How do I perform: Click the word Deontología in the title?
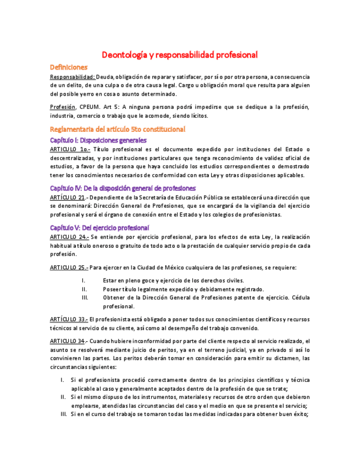[x=124, y=55]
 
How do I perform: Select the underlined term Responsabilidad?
[x=72, y=77]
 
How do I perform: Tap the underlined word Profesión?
[x=63, y=107]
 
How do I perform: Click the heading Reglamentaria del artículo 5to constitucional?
[x=118, y=129]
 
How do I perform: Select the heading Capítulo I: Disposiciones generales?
[x=98, y=140]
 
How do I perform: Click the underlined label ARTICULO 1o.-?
[x=70, y=149]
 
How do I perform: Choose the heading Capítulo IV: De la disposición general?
[x=122, y=188]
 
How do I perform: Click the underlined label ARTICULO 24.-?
[x=69, y=236]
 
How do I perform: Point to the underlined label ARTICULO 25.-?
[x=69, y=268]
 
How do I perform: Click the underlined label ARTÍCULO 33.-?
[x=69, y=319]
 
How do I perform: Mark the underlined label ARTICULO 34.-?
[x=68, y=341]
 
